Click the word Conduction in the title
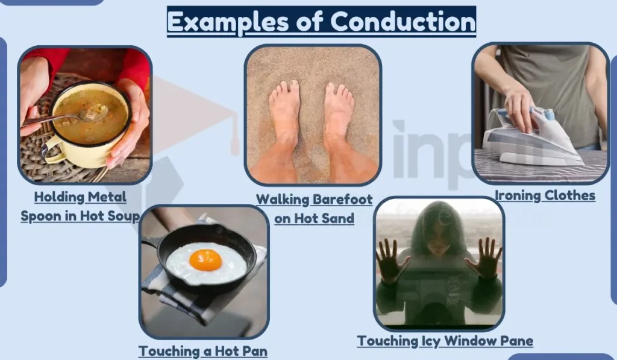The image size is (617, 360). [403, 22]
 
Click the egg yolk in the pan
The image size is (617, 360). [205, 260]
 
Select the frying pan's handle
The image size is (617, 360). [151, 244]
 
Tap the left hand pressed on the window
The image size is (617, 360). [392, 259]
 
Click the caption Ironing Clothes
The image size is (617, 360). [545, 195]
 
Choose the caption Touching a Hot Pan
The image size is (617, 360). [203, 350]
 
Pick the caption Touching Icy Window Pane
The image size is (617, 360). [445, 341]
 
